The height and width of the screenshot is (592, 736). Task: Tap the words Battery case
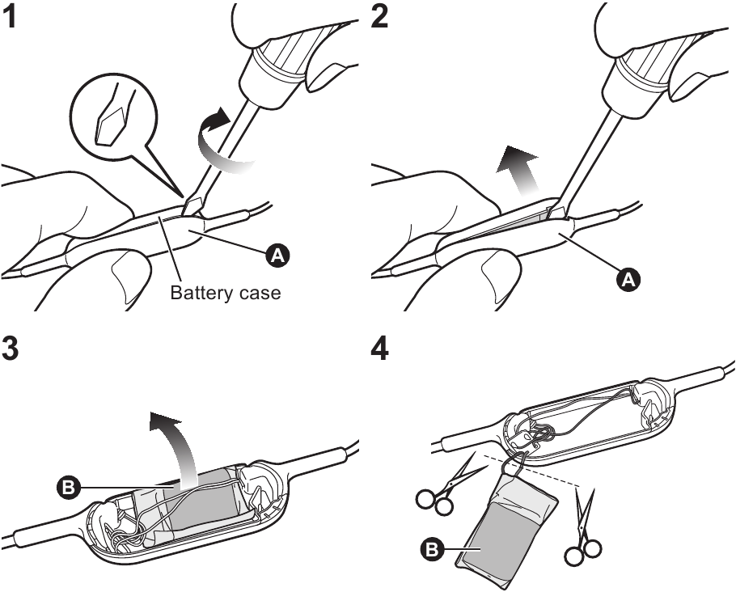click(x=226, y=293)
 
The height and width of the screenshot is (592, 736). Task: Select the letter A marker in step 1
click(x=277, y=256)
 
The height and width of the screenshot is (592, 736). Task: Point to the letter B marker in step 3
click(x=68, y=488)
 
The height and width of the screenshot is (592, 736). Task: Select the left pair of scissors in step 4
click(x=441, y=489)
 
